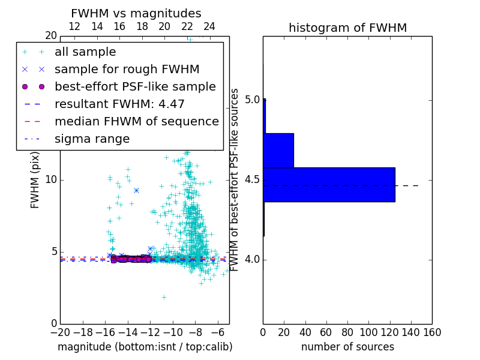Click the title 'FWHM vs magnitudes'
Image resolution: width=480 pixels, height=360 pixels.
(136, 13)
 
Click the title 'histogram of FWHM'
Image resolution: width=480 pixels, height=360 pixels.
(347, 28)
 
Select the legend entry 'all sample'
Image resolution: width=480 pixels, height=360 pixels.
(85, 52)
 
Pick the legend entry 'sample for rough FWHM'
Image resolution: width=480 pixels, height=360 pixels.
(127, 70)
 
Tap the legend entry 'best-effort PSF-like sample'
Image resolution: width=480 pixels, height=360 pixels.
(135, 87)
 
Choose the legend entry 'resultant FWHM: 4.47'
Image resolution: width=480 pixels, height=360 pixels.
(119, 104)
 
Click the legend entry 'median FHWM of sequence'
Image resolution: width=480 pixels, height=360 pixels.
(136, 122)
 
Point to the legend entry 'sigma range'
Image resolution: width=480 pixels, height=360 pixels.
(92, 139)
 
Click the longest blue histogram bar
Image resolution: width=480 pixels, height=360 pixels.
(329, 185)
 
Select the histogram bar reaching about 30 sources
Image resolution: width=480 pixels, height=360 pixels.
(278, 150)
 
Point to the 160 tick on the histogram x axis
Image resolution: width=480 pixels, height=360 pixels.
(432, 331)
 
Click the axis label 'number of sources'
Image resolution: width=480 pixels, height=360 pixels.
(347, 347)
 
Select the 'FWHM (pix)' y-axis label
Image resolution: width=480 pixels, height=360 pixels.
(35, 180)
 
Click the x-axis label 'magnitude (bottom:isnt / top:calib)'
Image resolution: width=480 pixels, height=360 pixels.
(145, 347)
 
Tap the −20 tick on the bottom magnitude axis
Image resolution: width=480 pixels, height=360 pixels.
(60, 331)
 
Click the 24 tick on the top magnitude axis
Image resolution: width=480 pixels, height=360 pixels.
(209, 26)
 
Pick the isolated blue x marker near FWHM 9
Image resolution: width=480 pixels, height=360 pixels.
(136, 190)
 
